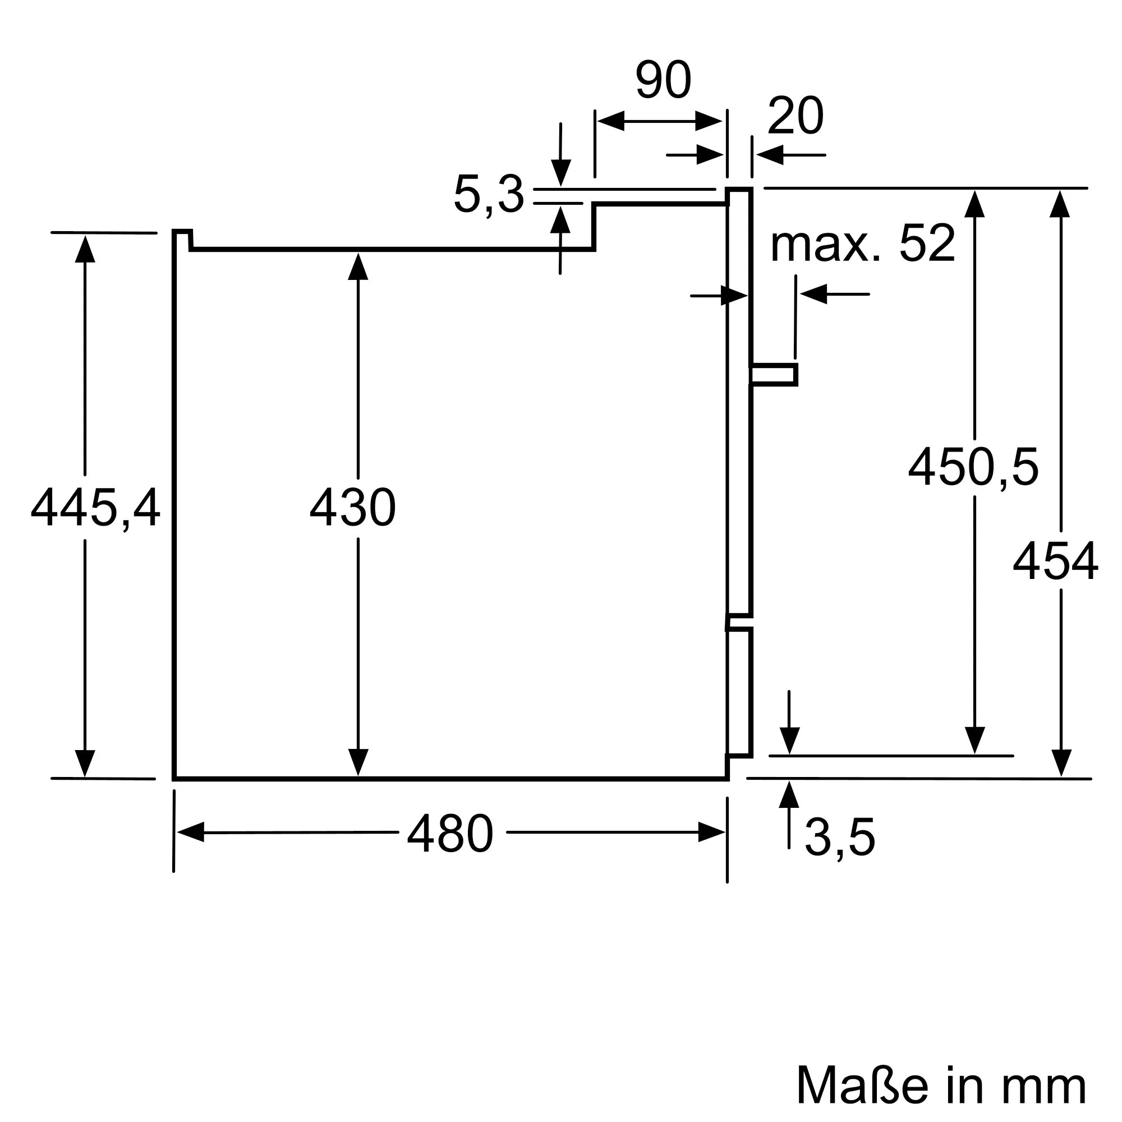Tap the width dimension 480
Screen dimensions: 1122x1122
click(450, 834)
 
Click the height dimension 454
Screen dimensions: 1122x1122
click(1055, 561)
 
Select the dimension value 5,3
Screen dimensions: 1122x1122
click(489, 195)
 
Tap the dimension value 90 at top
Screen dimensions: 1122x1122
click(663, 80)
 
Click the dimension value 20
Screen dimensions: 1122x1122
click(795, 116)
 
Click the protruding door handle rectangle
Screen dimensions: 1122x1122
click(774, 375)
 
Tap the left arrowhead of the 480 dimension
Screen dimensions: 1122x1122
click(191, 832)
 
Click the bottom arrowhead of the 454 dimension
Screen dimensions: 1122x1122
click(1060, 762)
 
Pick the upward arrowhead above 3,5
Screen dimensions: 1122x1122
click(789, 795)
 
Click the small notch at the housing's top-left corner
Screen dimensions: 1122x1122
click(182, 238)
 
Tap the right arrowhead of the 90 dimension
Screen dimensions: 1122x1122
click(709, 121)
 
